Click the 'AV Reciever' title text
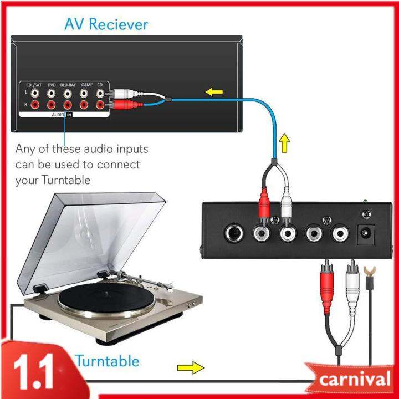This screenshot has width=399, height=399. click(106, 24)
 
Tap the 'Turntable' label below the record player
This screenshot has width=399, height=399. click(107, 361)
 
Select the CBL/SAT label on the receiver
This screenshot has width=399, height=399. click(34, 84)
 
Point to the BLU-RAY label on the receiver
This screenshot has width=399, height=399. click(68, 84)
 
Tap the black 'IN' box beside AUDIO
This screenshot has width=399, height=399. click(69, 115)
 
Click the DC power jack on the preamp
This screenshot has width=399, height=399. click(367, 234)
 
